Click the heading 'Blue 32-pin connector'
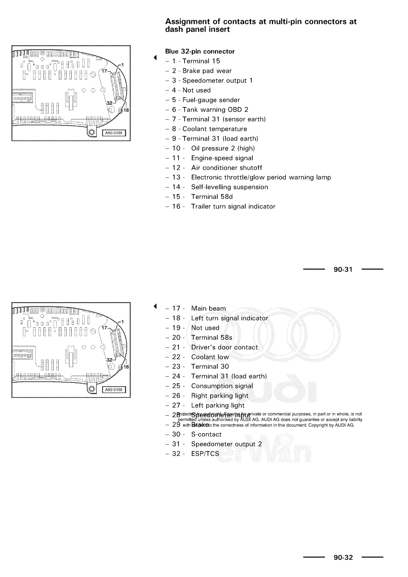(200, 52)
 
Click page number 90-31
(343, 269)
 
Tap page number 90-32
(343, 557)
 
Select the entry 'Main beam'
(208, 308)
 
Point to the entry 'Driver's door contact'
(224, 347)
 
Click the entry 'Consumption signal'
(222, 386)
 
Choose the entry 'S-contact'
(206, 435)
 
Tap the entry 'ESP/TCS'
(205, 454)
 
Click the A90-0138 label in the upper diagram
(114, 133)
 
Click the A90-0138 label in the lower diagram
(114, 390)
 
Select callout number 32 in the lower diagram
(110, 360)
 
